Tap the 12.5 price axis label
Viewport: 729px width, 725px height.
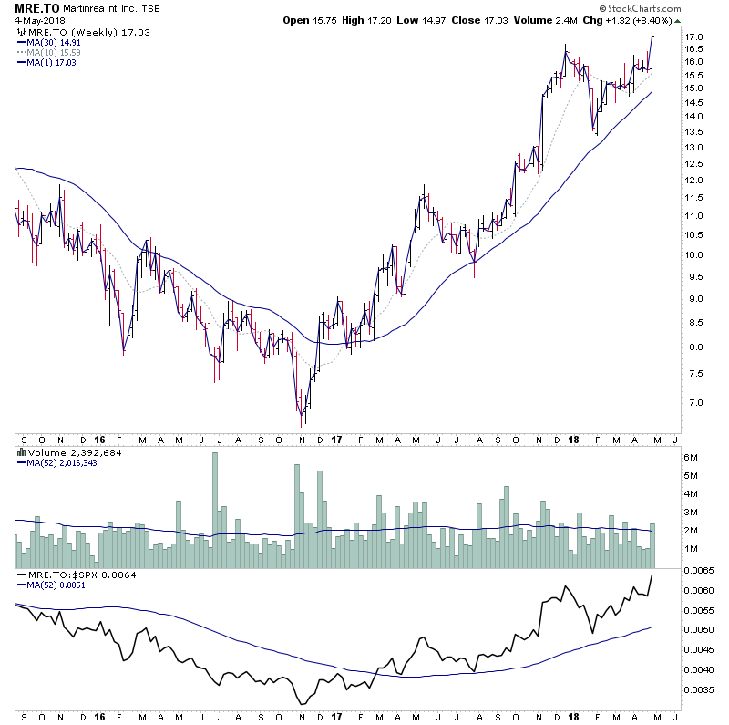694,164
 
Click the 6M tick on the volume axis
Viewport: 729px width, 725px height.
692,457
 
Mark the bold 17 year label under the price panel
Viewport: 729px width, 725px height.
335,438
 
